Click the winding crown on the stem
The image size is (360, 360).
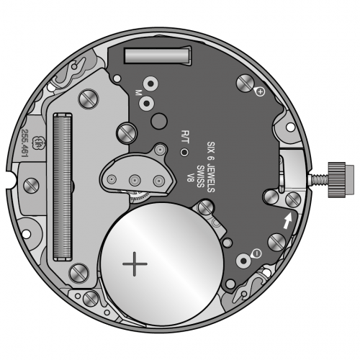(338, 179)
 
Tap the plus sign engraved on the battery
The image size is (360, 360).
(135, 264)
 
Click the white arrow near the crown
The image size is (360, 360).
(288, 220)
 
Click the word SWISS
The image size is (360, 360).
(200, 176)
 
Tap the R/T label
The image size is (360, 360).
(185, 137)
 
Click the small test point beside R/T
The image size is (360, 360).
(184, 152)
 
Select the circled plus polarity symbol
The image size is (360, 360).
(261, 91)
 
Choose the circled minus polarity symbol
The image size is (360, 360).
(256, 253)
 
